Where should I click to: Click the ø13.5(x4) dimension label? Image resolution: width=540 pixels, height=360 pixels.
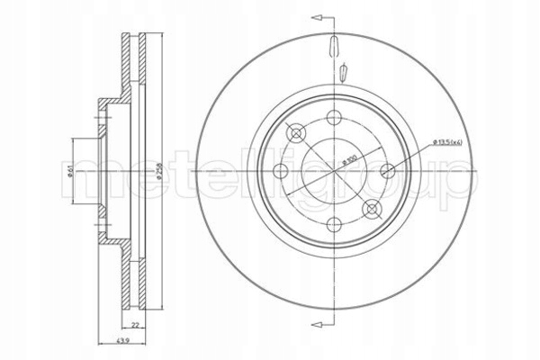coord(448,141)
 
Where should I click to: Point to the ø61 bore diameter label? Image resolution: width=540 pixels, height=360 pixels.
coord(71,171)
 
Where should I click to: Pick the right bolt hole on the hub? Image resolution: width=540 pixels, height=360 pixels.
coord(388,170)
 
